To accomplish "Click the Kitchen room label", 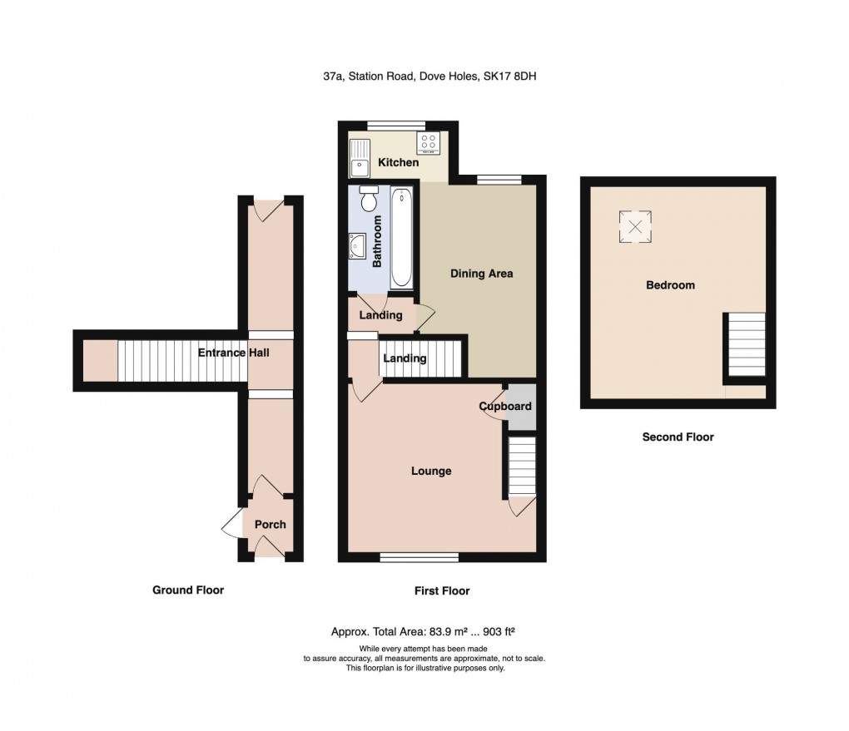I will tap(399, 162).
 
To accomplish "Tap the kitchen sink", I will tap(360, 159).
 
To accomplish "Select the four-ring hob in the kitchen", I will tap(429, 143).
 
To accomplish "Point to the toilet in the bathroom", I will tap(369, 200).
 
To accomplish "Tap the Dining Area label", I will tap(481, 273).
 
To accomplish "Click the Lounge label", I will tap(431, 471).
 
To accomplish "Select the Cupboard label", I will tap(505, 407).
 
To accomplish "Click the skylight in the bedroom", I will tap(634, 227).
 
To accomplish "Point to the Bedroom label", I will tap(670, 285).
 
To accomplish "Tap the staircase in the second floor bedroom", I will tap(746, 346).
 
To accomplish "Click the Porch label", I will tap(270, 524).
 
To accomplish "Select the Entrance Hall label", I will tap(233, 353).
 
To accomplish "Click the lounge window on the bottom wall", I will tap(419, 557).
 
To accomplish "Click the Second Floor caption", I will tap(678, 437).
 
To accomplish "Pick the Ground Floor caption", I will tap(187, 590).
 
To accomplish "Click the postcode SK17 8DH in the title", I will tap(514, 77).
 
